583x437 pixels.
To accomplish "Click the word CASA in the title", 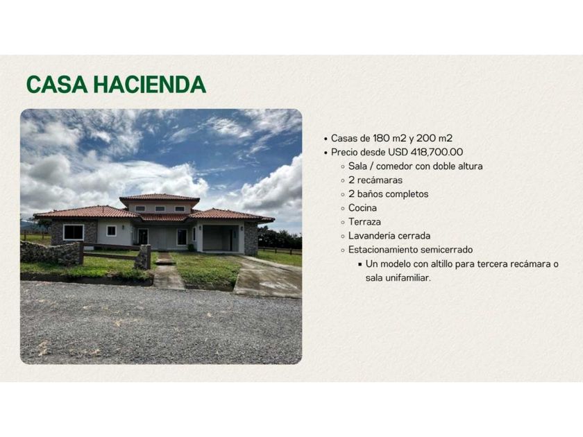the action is [x=57, y=85].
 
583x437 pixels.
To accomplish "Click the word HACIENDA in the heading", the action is [x=149, y=85].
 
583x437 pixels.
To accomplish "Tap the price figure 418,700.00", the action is [x=437, y=152].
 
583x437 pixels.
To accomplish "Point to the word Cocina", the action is [x=362, y=207].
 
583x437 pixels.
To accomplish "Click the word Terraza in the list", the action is [x=364, y=222].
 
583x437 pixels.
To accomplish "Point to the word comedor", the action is [x=394, y=166].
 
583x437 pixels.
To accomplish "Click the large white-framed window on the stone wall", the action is [x=74, y=232].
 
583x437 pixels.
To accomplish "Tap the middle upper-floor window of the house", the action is [x=160, y=209].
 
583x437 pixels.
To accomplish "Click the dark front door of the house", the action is [x=143, y=237].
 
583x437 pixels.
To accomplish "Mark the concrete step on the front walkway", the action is [x=165, y=262].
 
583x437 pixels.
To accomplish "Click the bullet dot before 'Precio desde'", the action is [x=326, y=153].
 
